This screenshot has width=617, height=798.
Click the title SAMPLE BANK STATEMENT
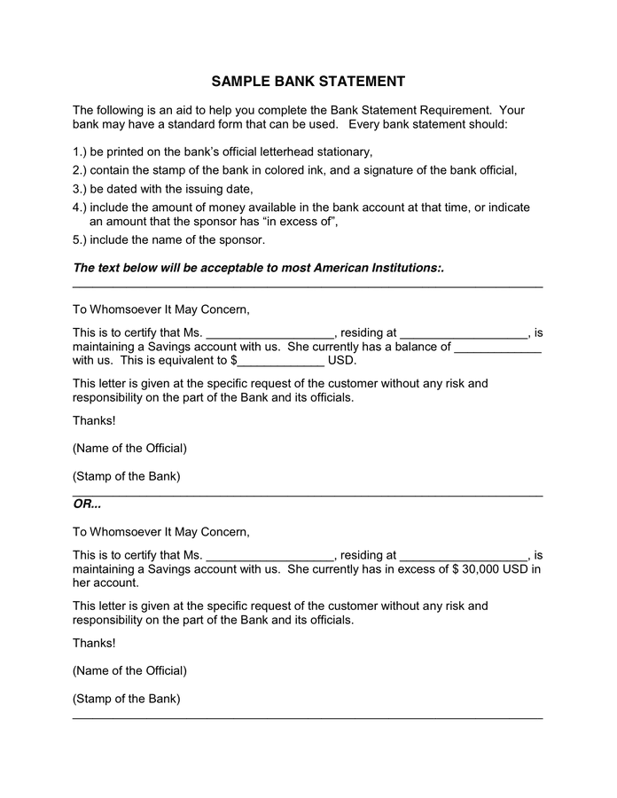click(308, 82)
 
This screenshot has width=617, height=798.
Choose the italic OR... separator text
click(87, 505)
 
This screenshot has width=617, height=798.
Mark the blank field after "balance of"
click(497, 347)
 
